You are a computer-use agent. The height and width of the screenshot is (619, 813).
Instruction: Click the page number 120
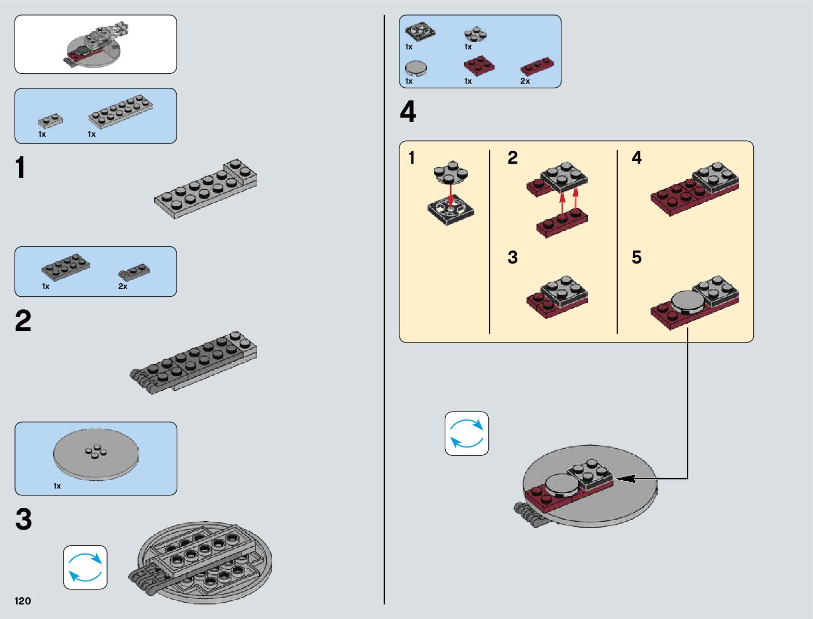tap(23, 601)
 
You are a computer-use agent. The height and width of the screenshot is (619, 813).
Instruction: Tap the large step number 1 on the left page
tap(20, 168)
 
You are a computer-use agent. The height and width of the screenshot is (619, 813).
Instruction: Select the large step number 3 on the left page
tap(23, 519)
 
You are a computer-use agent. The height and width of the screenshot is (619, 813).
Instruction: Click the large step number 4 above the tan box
tap(408, 112)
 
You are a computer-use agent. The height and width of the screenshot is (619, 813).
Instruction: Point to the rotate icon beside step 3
tap(85, 567)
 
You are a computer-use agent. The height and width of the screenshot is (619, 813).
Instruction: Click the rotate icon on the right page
tap(467, 433)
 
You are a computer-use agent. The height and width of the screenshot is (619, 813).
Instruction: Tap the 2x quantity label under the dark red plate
tap(525, 81)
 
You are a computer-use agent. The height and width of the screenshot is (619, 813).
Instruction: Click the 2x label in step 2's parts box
tap(123, 286)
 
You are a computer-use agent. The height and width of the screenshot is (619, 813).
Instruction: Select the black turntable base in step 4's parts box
tap(420, 32)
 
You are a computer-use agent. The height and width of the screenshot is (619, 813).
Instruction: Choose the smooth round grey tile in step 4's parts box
tap(416, 68)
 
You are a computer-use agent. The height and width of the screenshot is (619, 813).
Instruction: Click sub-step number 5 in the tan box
tap(636, 257)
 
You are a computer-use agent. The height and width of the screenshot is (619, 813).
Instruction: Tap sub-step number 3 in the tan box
tap(513, 257)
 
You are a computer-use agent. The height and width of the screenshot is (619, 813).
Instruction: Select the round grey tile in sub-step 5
tap(688, 301)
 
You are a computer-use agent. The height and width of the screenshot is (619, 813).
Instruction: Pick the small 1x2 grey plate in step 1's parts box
tap(50, 121)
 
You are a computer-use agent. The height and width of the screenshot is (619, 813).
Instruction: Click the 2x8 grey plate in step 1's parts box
tap(121, 110)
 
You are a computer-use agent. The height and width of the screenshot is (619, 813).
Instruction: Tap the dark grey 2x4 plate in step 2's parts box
tap(65, 266)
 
